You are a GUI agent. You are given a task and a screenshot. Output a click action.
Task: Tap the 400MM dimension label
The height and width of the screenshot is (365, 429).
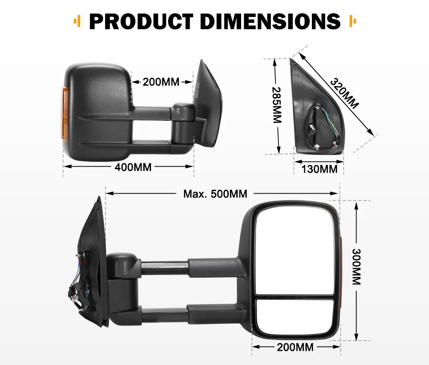click(133, 167)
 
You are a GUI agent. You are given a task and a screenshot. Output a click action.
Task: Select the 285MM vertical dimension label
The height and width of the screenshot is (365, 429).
click(277, 105)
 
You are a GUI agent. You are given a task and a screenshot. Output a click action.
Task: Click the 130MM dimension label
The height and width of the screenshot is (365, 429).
click(319, 169)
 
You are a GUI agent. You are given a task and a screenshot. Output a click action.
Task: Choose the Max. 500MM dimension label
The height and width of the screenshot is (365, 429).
click(215, 194)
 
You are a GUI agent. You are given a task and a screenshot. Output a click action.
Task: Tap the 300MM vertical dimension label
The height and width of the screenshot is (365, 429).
click(356, 267)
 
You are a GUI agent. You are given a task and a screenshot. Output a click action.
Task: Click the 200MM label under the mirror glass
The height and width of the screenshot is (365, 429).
click(295, 347)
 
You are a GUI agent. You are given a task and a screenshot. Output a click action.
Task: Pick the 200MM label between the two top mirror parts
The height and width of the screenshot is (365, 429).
click(161, 82)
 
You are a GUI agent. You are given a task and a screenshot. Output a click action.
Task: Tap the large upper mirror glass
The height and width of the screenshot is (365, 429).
click(295, 251)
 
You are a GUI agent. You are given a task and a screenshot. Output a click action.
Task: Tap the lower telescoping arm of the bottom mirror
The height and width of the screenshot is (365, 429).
click(165, 316)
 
